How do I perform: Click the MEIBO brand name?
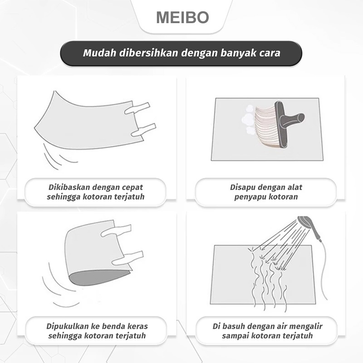tap(182, 17)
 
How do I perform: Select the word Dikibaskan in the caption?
tap(69, 187)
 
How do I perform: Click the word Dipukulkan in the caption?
tap(69, 326)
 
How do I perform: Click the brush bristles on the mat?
tap(265, 123)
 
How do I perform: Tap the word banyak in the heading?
tap(235, 53)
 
